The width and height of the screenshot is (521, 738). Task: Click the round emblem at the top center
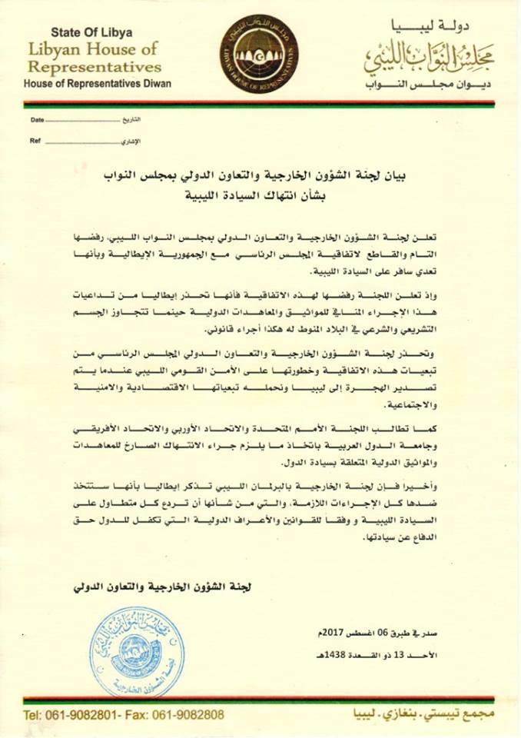[x=259, y=52]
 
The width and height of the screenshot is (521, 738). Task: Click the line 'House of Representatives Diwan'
[x=98, y=83]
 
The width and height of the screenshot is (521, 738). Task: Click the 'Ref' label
[x=35, y=141]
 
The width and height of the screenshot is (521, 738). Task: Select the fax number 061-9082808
[x=189, y=714]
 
